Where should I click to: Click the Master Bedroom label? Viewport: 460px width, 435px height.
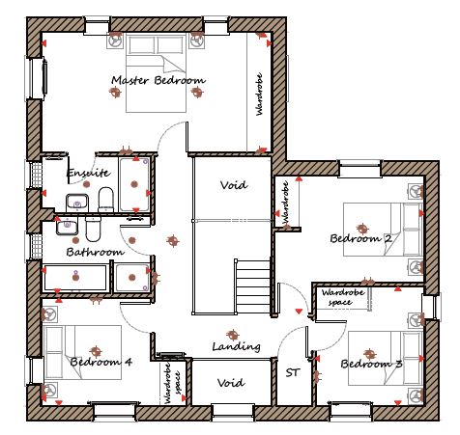(x=158, y=80)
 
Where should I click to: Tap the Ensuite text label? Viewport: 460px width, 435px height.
(x=88, y=173)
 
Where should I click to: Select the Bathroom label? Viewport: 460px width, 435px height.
(x=96, y=252)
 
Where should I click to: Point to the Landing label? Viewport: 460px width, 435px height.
(x=236, y=346)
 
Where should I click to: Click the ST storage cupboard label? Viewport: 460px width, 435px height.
(x=293, y=372)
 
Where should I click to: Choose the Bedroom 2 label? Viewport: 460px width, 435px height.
(x=361, y=238)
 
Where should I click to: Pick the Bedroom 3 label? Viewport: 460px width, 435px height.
(x=371, y=364)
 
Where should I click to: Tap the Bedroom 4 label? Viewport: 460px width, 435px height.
(x=101, y=362)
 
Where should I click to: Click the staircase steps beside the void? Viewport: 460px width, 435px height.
(x=252, y=286)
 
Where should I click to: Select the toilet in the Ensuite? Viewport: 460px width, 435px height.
(x=105, y=200)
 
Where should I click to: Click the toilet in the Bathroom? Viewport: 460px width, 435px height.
(x=93, y=229)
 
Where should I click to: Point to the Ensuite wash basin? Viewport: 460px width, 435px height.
(x=77, y=203)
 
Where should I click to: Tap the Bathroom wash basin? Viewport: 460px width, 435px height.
(x=67, y=226)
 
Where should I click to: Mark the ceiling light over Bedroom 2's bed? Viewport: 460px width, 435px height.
(x=362, y=229)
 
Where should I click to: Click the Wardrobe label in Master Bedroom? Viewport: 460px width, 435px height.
(x=259, y=95)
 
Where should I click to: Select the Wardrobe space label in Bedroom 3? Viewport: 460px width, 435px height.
(x=343, y=297)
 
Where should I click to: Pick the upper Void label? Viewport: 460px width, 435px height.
(x=234, y=185)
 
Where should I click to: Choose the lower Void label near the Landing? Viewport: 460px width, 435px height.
(x=231, y=383)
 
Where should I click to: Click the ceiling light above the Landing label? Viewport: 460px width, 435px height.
(x=232, y=335)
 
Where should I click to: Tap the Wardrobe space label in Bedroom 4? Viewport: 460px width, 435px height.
(x=172, y=383)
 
